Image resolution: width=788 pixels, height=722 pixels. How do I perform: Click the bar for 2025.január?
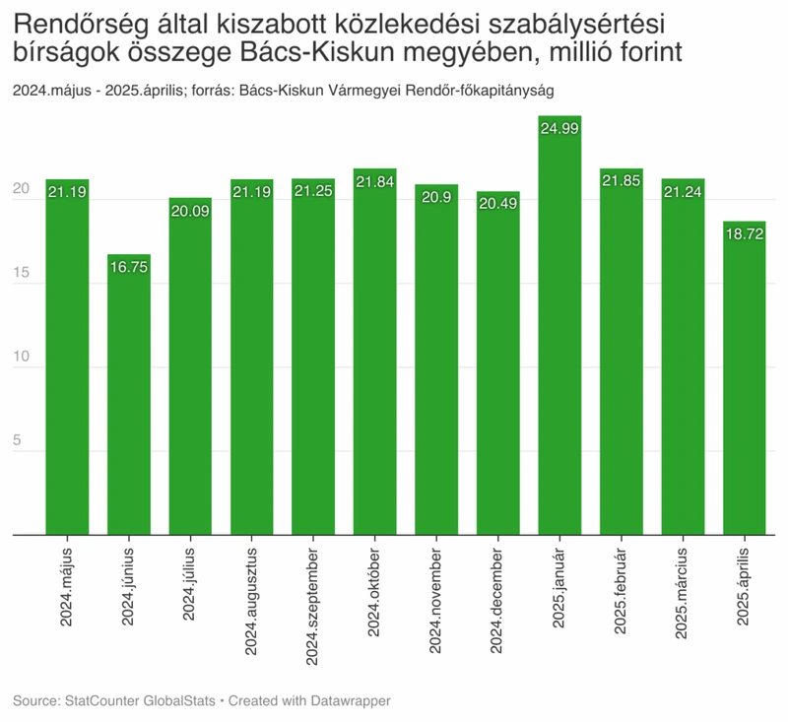(559, 325)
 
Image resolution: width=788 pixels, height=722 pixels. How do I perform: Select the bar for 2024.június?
(129, 394)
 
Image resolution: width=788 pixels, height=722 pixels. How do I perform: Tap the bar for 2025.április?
(745, 378)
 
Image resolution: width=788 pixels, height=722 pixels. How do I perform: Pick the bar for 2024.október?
(375, 352)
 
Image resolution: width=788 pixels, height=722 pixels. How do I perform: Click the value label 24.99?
(559, 129)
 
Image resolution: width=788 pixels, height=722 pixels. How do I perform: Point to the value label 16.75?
(129, 267)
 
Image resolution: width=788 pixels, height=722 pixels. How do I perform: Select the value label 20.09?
(190, 211)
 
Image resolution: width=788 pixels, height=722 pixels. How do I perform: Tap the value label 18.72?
(745, 233)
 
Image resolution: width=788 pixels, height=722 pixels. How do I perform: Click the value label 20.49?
(498, 204)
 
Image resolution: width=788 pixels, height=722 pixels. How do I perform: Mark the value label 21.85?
(622, 181)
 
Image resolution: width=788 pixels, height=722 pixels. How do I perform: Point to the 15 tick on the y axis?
(21, 272)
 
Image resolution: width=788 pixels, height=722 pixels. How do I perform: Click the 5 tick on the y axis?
(17, 440)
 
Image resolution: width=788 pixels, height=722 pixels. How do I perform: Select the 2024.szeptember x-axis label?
(312, 607)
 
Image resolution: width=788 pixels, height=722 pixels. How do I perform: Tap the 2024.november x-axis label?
(435, 601)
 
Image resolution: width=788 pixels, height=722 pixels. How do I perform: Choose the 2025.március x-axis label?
(682, 593)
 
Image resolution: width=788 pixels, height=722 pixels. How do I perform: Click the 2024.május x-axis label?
(66, 587)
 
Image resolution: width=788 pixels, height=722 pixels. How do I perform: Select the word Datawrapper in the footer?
(351, 700)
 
